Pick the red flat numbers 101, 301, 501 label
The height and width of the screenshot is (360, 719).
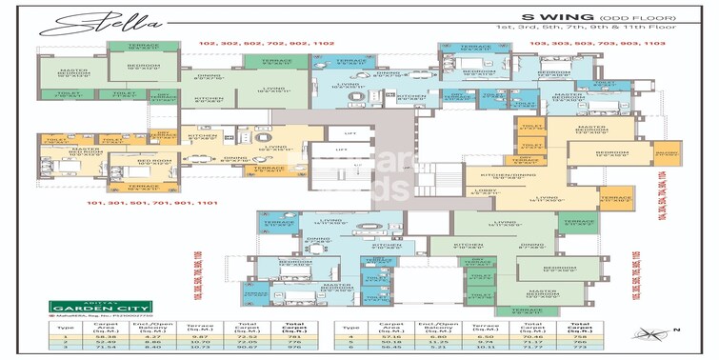(143, 204)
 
